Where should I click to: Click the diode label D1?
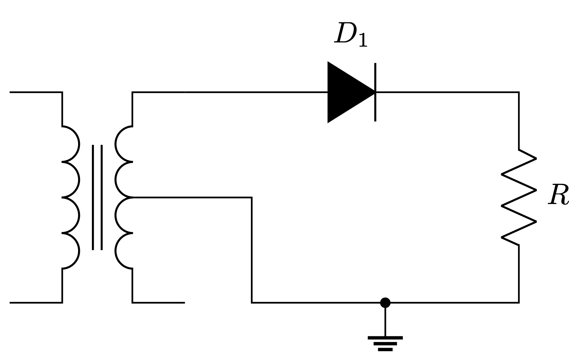[351, 35]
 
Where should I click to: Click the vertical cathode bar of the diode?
[375, 92]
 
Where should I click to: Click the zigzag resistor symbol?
[519, 197]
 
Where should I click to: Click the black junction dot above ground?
[385, 303]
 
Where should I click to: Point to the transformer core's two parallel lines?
[97, 197]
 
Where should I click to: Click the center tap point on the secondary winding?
[133, 197]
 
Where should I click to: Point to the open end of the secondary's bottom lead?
[184, 303]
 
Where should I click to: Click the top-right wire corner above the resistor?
[519, 92]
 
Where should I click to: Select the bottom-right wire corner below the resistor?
[519, 303]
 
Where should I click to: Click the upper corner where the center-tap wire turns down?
[252, 197]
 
